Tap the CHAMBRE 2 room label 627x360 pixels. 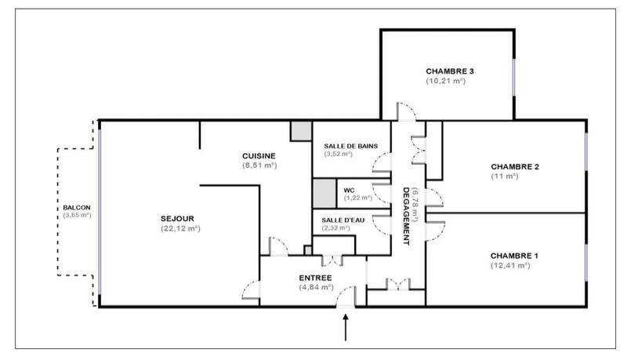tap(515, 166)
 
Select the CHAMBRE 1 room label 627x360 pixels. tap(515, 256)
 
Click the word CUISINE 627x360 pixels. tap(259, 156)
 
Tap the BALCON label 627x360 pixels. tap(77, 207)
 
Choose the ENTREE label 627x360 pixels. tap(316, 278)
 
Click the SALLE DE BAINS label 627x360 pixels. tap(349, 145)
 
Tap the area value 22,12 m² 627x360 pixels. tap(179, 228)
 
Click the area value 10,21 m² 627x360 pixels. tap(446, 81)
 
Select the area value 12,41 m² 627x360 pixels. tap(510, 266)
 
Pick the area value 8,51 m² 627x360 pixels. tap(259, 165)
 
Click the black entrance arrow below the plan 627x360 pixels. tap(346, 329)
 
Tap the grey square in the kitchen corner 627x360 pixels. tap(301, 132)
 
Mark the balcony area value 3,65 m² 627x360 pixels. tap(77, 216)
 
